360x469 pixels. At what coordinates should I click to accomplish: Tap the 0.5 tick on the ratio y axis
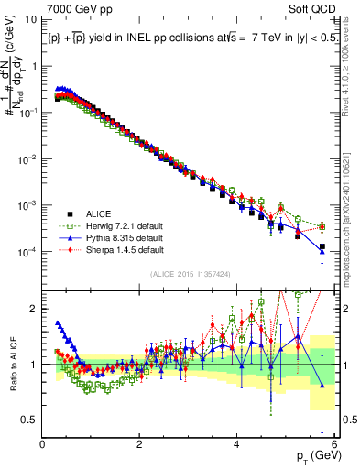[30, 420]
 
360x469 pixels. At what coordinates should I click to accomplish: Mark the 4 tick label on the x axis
[237, 444]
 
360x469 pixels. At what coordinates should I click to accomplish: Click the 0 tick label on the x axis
[43, 444]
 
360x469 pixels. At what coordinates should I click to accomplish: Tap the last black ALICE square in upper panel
[322, 246]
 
